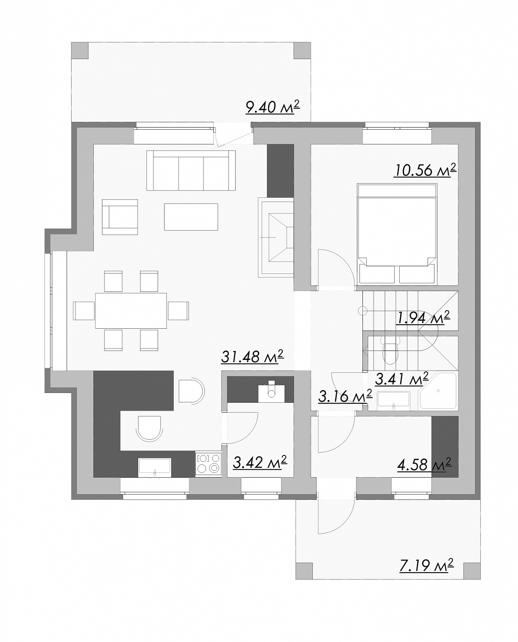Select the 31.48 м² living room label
pyautogui.click(x=252, y=356)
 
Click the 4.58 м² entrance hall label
pyautogui.click(x=424, y=465)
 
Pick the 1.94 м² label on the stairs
pyautogui.click(x=423, y=318)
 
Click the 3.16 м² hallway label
pyautogui.click(x=345, y=396)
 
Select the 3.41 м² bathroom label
pyautogui.click(x=401, y=379)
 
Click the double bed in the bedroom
pyautogui.click(x=397, y=233)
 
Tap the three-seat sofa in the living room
pyautogui.click(x=191, y=170)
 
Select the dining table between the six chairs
pyautogui.click(x=131, y=311)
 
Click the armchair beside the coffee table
pyautogui.click(x=120, y=217)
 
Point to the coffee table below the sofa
pyautogui.click(x=191, y=217)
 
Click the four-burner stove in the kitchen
pyautogui.click(x=209, y=464)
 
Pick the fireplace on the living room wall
pyautogui.click(x=276, y=238)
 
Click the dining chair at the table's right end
pyautogui.click(x=178, y=311)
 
